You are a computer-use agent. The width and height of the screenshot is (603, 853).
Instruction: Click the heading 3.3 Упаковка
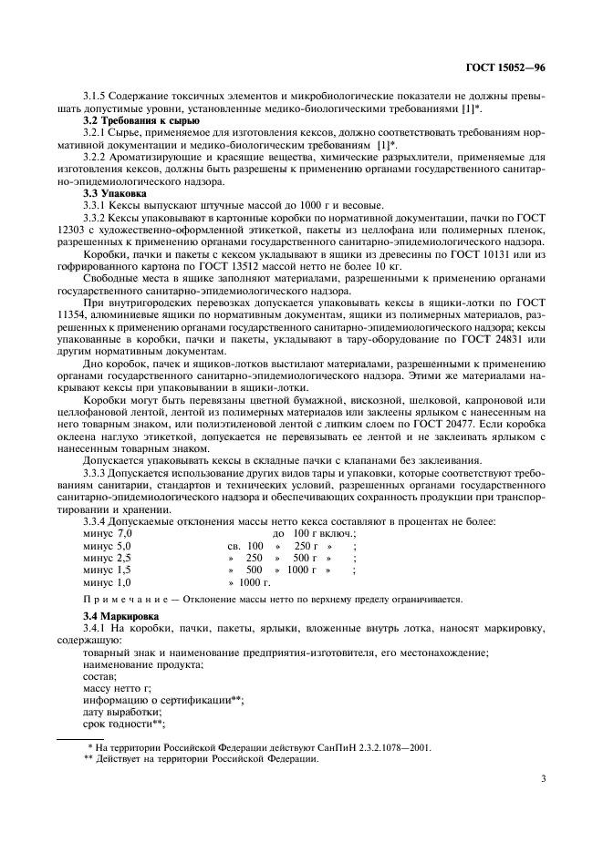click(x=111, y=192)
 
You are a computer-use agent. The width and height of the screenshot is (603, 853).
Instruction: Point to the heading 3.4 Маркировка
click(x=120, y=617)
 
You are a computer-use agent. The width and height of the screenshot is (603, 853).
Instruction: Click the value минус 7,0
click(x=108, y=532)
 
